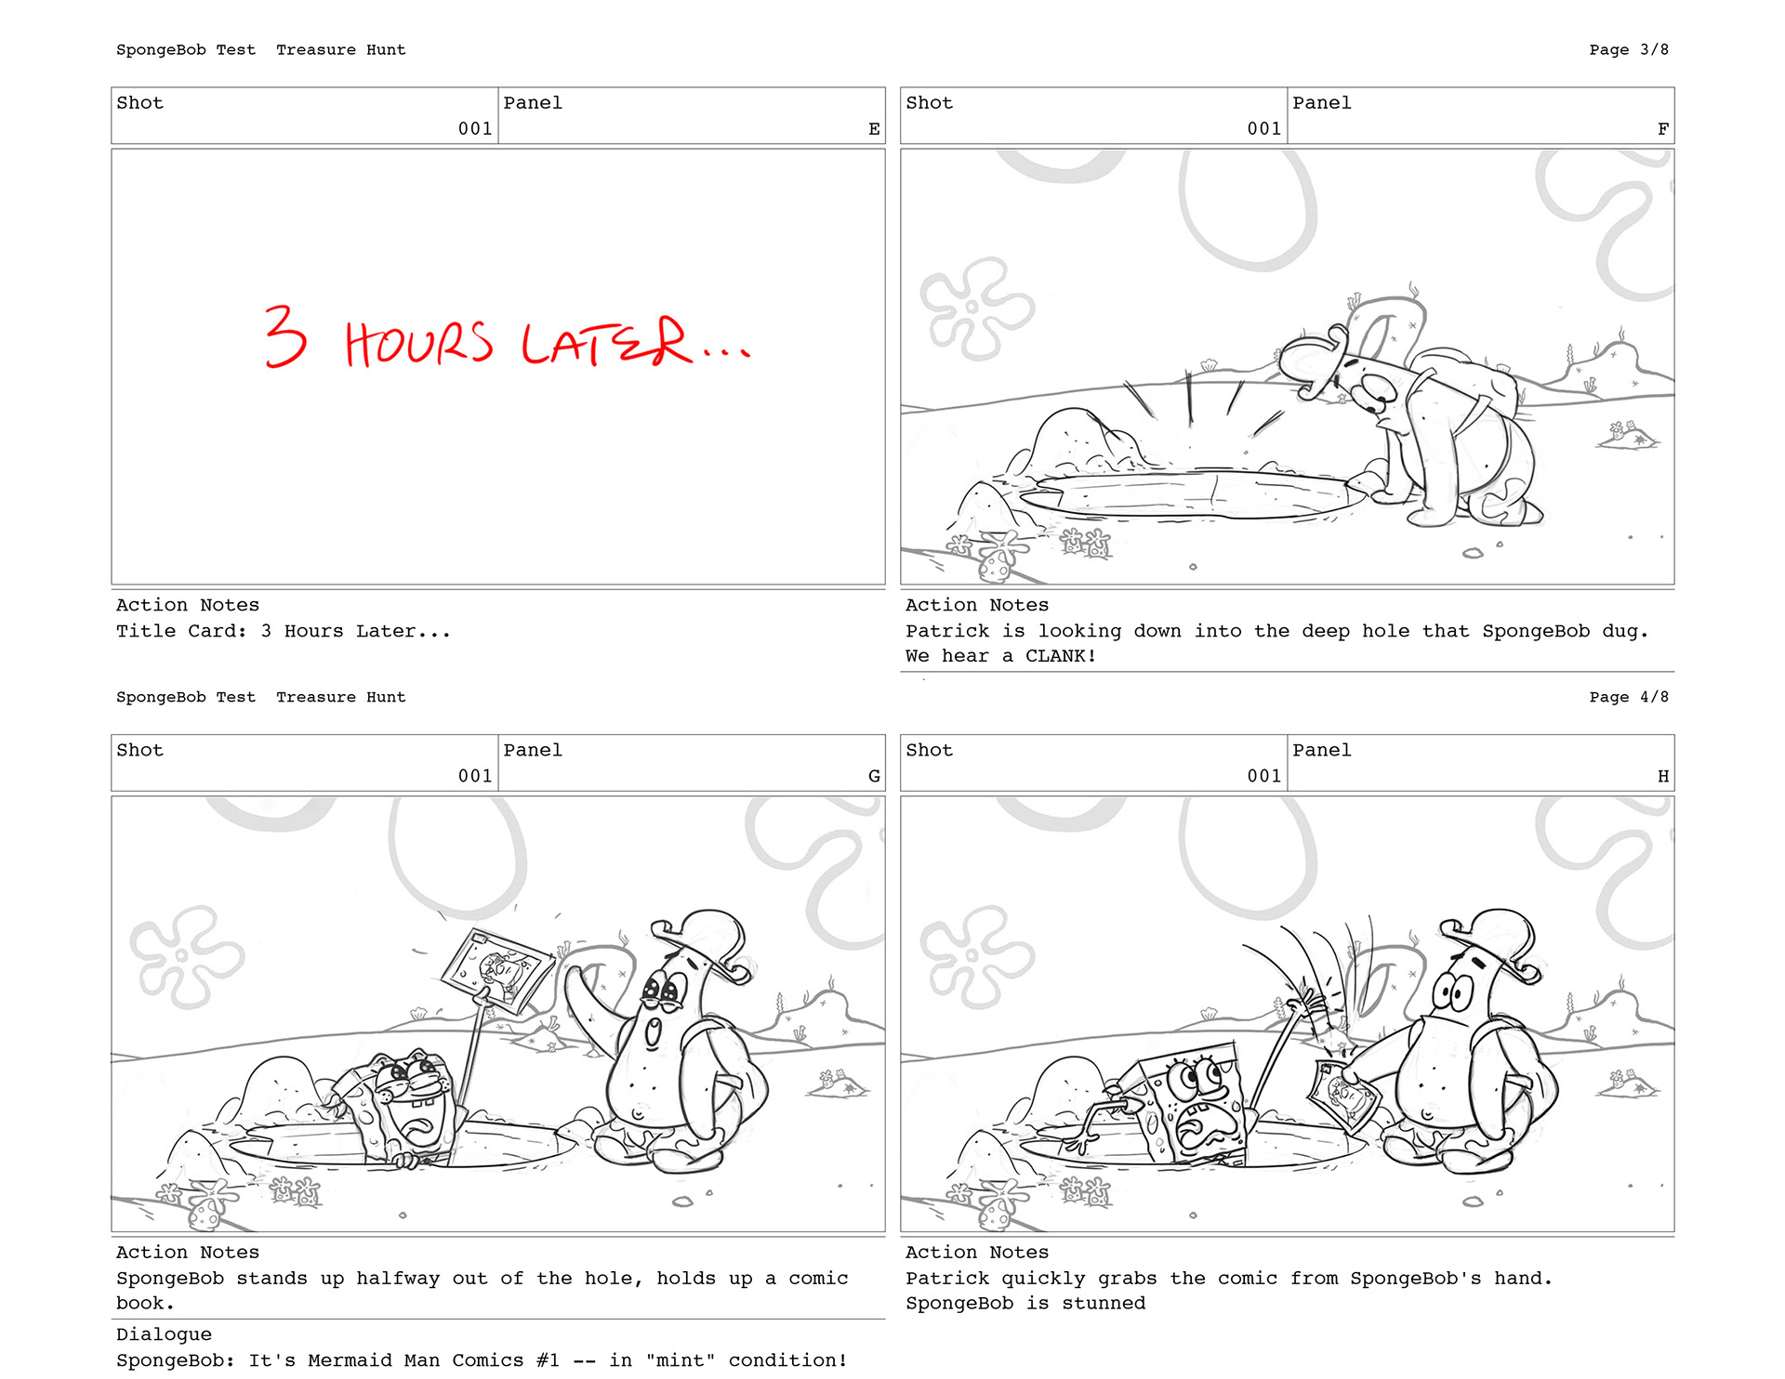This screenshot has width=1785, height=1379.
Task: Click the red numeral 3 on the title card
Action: [285, 335]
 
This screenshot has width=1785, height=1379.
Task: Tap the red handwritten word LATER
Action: [606, 341]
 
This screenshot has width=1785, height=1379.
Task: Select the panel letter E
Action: [874, 129]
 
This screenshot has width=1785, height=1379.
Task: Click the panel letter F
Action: [1663, 129]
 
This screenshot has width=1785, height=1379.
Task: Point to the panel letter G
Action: [874, 776]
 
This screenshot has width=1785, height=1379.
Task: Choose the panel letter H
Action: [1663, 776]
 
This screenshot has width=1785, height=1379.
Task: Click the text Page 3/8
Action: [1629, 49]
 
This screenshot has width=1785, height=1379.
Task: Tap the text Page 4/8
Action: [1629, 697]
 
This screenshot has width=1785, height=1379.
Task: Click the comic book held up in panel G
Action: [496, 970]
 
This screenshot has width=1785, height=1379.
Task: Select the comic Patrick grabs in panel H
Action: [1344, 1097]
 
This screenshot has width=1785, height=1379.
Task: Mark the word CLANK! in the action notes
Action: [1061, 656]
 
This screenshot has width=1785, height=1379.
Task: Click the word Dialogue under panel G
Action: [164, 1334]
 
